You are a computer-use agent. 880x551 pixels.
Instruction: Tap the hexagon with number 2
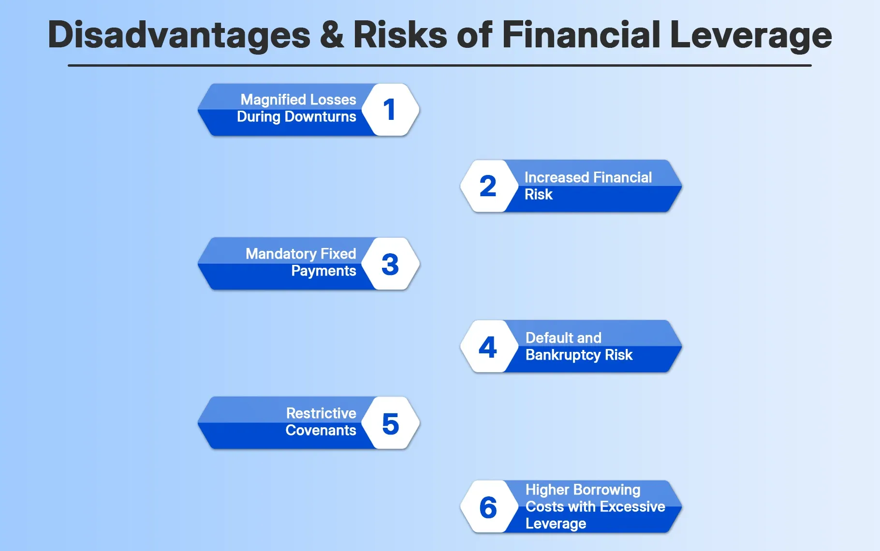pos(488,186)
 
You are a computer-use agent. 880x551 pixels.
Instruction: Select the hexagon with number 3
pos(390,264)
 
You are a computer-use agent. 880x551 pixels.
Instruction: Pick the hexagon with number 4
pos(488,347)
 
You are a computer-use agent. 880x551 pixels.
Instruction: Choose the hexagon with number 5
pos(390,423)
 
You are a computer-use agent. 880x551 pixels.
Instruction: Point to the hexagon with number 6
pos(488,507)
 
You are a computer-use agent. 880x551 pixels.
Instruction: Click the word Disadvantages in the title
pos(179,35)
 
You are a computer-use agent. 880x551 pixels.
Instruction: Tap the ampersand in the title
pos(332,35)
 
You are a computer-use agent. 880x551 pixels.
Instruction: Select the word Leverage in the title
pos(751,35)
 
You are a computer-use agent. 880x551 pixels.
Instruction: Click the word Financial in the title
pos(581,35)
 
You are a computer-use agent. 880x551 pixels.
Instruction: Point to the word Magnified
pos(273,100)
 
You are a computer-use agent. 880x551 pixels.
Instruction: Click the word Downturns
pos(320,116)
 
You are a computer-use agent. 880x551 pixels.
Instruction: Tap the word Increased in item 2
pos(556,177)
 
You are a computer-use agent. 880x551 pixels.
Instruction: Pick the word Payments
pos(323,271)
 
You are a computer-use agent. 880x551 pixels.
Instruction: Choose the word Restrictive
pos(321,413)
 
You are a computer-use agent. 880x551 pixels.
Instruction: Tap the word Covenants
pos(321,430)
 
